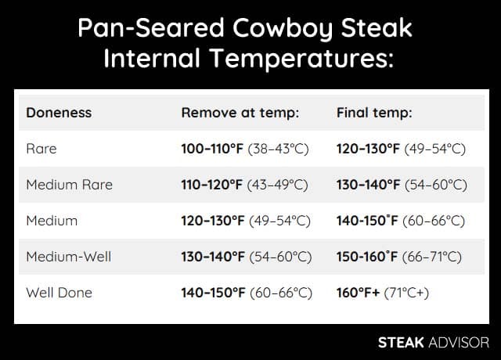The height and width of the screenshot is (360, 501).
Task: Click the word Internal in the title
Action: tap(165, 59)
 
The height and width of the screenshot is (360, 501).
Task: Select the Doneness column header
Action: tap(59, 113)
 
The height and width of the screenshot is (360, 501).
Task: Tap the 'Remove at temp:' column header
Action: tap(240, 113)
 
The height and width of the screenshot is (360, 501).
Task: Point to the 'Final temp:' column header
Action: tap(374, 113)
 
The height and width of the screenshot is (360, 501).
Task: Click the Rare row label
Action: tap(41, 149)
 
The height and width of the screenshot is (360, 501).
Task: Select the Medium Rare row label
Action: tap(69, 185)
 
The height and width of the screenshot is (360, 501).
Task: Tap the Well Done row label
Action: tap(59, 293)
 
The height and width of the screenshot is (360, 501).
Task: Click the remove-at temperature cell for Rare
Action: tap(244, 149)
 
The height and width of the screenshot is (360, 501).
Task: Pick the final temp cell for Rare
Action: tap(401, 149)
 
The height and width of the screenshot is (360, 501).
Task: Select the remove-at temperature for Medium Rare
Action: tap(244, 185)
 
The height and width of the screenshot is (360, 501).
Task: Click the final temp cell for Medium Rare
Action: tap(402, 185)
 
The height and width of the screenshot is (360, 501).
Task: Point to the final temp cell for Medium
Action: tap(402, 221)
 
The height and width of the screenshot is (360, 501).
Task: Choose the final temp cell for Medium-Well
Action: tap(399, 257)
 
